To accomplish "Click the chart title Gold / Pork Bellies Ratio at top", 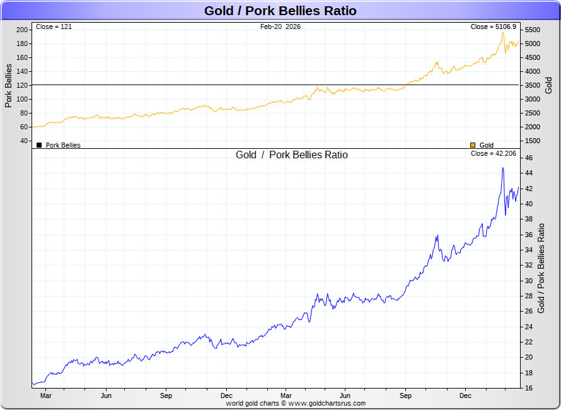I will pyautogui.click(x=280, y=11).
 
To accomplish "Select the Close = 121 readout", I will pyautogui.click(x=54, y=27).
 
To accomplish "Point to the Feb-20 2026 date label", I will pyautogui.click(x=280, y=27).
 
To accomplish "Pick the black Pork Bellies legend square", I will pyautogui.click(x=39, y=145).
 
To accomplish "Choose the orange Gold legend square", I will pyautogui.click(x=473, y=145).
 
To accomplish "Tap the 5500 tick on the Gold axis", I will pyautogui.click(x=533, y=30).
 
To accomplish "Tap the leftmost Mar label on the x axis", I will pyautogui.click(x=45, y=396).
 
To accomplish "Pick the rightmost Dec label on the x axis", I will pyautogui.click(x=465, y=396).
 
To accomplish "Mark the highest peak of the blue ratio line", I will pyautogui.click(x=502, y=168).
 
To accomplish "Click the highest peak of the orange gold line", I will pyautogui.click(x=502, y=32).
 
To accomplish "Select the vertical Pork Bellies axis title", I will pyautogui.click(x=9, y=85).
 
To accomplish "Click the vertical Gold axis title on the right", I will pyautogui.click(x=548, y=85).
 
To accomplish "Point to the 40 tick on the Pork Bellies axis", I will pyautogui.click(x=23, y=141).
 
